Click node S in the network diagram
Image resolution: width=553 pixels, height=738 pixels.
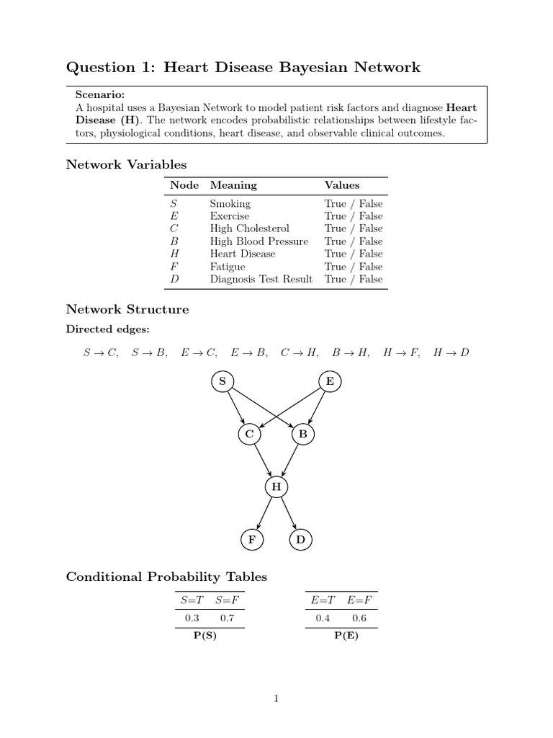click(x=222, y=381)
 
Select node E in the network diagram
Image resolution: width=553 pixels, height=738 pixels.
click(x=330, y=381)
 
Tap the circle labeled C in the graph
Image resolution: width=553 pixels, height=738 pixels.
click(x=249, y=435)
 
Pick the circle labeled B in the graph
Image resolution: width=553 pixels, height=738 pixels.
click(x=303, y=435)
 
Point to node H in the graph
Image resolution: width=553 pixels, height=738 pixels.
click(x=276, y=488)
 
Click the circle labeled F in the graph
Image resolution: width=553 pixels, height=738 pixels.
click(x=251, y=540)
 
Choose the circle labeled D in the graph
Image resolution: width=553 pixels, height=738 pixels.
click(x=301, y=540)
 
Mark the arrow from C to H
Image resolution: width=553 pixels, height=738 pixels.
click(x=262, y=461)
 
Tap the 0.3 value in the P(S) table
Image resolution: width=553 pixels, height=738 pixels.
click(x=192, y=618)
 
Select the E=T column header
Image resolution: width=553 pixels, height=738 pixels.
click(x=323, y=600)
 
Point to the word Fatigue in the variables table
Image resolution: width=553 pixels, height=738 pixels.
click(x=228, y=267)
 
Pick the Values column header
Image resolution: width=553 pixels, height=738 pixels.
click(x=342, y=185)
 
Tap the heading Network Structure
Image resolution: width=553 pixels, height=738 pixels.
click(x=127, y=309)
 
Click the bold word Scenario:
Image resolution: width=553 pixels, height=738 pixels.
click(x=100, y=94)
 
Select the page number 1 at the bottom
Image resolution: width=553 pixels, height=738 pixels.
click(x=276, y=698)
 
